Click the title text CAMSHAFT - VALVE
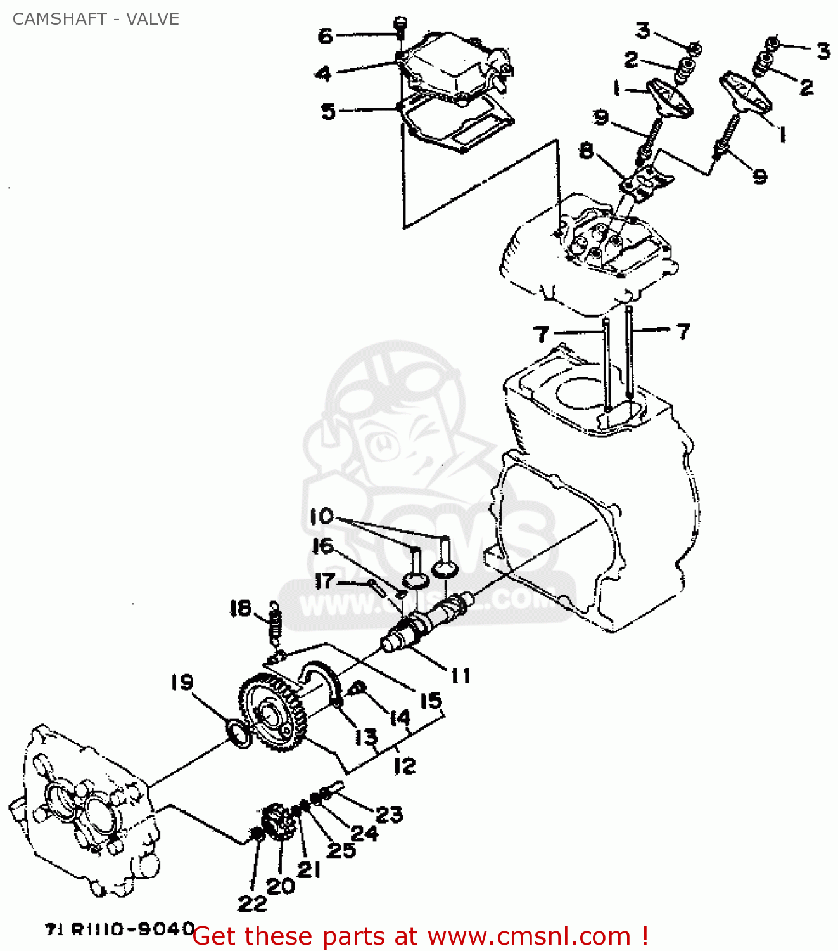click(x=96, y=19)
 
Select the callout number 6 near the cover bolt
click(x=325, y=36)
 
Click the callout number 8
click(x=587, y=151)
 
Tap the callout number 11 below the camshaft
click(x=460, y=676)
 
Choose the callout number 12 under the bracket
click(x=404, y=765)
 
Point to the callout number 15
click(x=431, y=701)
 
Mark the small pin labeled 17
click(x=378, y=586)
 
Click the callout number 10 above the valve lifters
click(x=322, y=516)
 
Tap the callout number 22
click(x=251, y=903)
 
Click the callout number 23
click(x=389, y=814)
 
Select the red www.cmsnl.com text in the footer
click(x=529, y=936)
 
